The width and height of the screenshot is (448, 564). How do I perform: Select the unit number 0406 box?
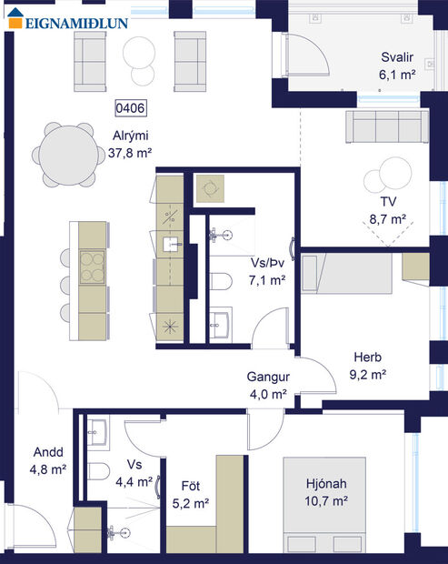click(131, 107)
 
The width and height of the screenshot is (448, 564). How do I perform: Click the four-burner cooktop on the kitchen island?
click(92, 267)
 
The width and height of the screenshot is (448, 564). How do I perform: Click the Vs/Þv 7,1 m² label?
click(268, 270)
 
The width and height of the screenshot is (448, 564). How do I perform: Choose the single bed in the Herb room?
click(349, 275)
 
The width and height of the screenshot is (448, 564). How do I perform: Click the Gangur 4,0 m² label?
click(267, 385)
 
